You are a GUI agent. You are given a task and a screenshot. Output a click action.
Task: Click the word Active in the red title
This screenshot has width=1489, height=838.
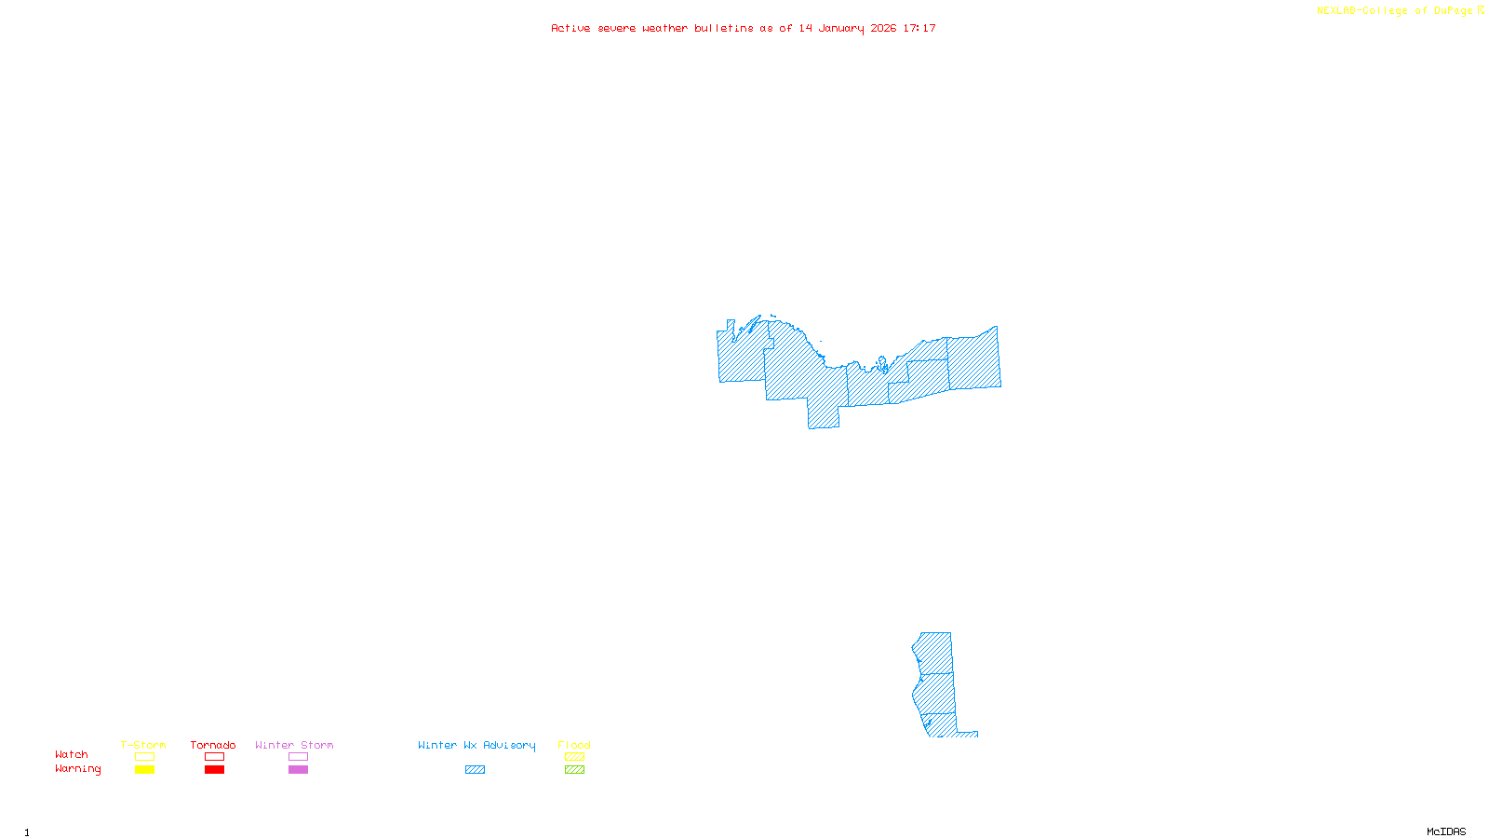pos(570,28)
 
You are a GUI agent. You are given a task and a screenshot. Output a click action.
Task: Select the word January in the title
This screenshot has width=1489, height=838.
pos(841,28)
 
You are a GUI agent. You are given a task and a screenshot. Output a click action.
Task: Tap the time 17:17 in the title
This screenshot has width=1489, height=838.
pos(919,28)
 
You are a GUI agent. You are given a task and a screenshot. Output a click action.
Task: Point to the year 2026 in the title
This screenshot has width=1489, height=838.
pos(884,28)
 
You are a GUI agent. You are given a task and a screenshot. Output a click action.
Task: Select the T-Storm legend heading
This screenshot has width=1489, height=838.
pos(143,745)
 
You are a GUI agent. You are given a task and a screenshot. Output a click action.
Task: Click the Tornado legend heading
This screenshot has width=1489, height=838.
pos(213,745)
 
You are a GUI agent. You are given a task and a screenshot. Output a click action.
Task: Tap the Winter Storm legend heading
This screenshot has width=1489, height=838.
pos(294,745)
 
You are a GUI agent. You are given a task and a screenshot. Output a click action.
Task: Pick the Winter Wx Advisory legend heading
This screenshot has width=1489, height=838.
pos(476,745)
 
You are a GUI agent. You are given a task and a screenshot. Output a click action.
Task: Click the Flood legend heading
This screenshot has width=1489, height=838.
pos(574,745)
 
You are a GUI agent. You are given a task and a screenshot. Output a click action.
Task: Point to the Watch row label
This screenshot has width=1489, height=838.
pos(72,754)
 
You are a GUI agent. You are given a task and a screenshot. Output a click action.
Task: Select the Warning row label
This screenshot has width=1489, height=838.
pos(78,769)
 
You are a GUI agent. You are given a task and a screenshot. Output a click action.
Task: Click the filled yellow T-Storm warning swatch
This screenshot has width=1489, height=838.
pos(144,770)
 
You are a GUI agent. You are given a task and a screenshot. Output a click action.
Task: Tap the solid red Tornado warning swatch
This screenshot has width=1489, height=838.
pos(214,770)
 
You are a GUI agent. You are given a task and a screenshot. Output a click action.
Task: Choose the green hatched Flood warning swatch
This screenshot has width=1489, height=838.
pos(574,770)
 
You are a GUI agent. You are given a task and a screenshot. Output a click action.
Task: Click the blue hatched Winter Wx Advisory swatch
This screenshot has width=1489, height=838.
pos(475,770)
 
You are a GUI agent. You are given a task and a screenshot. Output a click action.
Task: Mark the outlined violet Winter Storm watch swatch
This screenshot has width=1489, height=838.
pos(298,757)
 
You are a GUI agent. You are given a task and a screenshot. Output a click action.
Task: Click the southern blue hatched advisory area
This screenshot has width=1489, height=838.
pos(936,684)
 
